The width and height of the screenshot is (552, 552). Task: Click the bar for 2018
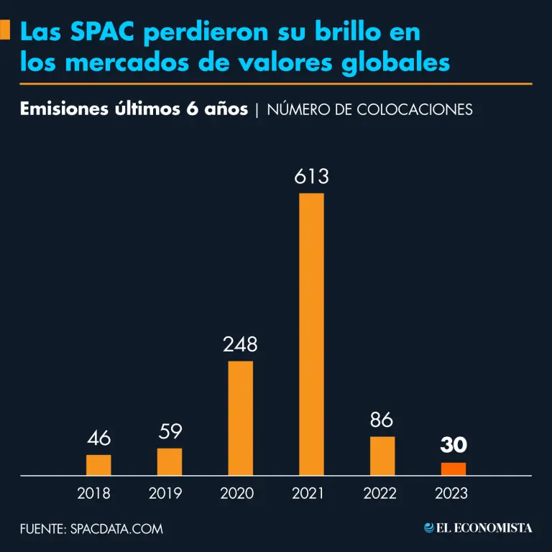[98, 465]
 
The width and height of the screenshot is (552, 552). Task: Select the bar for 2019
[170, 461]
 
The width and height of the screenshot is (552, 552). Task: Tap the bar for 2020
[240, 418]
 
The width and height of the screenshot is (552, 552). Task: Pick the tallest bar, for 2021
[311, 334]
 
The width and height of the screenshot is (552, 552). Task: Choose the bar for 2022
[382, 456]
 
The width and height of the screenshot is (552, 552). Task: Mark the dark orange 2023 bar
[453, 469]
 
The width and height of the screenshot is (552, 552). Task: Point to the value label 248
[240, 345]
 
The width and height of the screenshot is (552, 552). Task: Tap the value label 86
[382, 420]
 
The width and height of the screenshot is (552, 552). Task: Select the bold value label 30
[453, 446]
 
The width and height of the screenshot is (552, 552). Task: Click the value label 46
[98, 438]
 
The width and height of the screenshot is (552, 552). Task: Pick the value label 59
[170, 432]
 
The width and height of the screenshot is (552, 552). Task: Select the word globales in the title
[400, 63]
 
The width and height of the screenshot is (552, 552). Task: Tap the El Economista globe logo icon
[429, 528]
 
